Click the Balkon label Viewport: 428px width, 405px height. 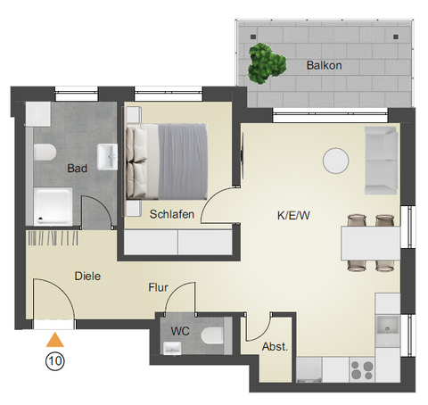pos(324,66)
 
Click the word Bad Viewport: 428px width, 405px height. pos(78,167)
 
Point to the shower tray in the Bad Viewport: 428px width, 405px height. pos(55,206)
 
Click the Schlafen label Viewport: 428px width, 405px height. pos(171,214)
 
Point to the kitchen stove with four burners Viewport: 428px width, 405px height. pos(362,368)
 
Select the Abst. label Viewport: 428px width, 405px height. pos(275,347)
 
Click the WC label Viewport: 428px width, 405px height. pos(181,332)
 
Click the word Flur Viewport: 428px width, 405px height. pos(159,288)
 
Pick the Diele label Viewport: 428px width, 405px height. pos(88,277)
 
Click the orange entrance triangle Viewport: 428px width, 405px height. pos(55,339)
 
